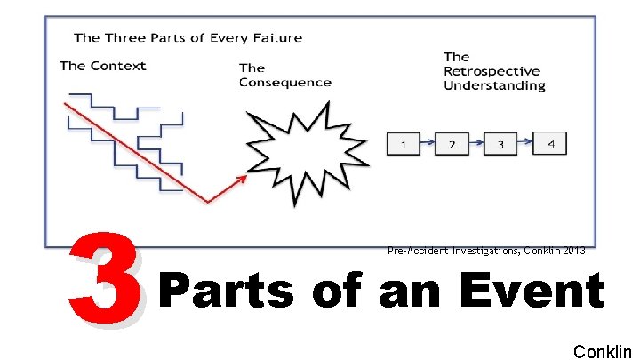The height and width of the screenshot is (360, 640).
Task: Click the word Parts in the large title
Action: pyautogui.click(x=226, y=292)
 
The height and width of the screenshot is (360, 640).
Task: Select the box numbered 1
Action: pyautogui.click(x=404, y=144)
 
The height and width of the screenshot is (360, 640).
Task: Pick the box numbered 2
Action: pyautogui.click(x=452, y=144)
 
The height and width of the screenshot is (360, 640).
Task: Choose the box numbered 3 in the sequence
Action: pyautogui.click(x=500, y=144)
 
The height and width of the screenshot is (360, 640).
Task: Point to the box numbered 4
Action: pyautogui.click(x=549, y=143)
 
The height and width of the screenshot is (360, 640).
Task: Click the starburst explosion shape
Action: pyautogui.click(x=294, y=156)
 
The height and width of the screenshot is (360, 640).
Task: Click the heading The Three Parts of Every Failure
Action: pyautogui.click(x=188, y=37)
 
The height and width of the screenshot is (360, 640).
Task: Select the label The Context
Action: pyautogui.click(x=103, y=66)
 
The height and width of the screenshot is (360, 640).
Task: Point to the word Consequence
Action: pyautogui.click(x=285, y=83)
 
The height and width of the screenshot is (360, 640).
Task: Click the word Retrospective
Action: pyautogui.click(x=492, y=71)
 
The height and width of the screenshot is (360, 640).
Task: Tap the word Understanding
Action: pyautogui.click(x=494, y=86)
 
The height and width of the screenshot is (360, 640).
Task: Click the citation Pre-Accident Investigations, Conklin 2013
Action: pyautogui.click(x=486, y=251)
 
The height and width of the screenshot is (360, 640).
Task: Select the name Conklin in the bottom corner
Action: pyautogui.click(x=602, y=351)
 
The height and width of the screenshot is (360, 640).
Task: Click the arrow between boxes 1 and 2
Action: pyautogui.click(x=428, y=143)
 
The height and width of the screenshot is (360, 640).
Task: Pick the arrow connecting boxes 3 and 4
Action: pyautogui.click(x=524, y=142)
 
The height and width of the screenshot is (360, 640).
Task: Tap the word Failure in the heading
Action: pyautogui.click(x=277, y=37)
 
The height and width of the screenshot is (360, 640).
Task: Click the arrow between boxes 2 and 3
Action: pyautogui.click(x=476, y=143)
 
